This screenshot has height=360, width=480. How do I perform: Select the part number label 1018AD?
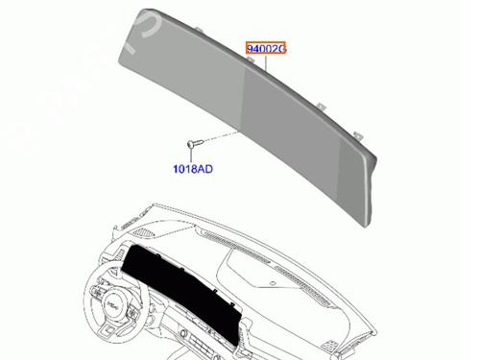pos(193,168)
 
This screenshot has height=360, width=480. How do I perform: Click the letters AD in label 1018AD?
pos(204,168)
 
